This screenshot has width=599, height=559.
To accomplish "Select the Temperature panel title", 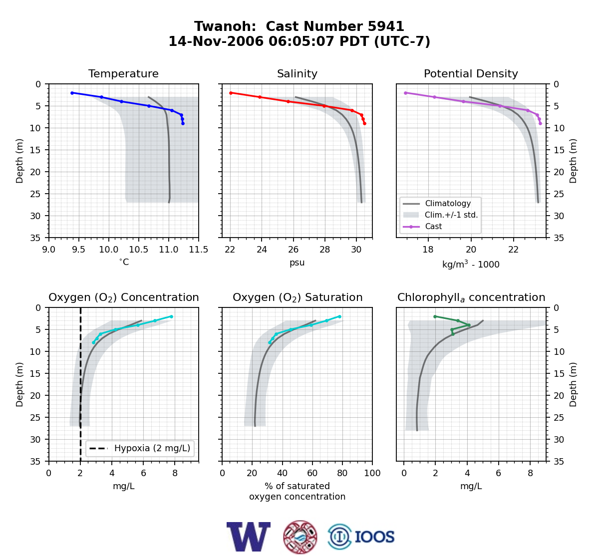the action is [x=123, y=73].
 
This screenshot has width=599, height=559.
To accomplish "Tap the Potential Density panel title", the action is [x=471, y=73].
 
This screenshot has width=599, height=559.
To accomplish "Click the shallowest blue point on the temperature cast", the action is [x=72, y=93].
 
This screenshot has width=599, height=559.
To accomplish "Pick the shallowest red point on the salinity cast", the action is [x=231, y=93].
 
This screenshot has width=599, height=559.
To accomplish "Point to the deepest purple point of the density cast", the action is [x=540, y=123].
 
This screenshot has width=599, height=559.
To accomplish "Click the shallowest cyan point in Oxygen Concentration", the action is [x=171, y=316].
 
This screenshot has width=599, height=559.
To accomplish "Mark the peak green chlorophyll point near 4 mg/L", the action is [x=469, y=325].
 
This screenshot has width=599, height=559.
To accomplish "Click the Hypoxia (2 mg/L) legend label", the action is [x=152, y=448].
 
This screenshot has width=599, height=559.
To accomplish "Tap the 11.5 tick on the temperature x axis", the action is [x=199, y=250].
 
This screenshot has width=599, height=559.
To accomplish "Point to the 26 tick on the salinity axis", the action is [x=293, y=250].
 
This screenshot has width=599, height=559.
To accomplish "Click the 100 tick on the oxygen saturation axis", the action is [x=372, y=473].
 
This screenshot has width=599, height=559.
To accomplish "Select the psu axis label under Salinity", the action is [x=297, y=263].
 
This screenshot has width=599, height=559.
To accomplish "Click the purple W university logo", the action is [x=249, y=537].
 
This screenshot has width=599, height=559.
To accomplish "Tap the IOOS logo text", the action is [x=374, y=537].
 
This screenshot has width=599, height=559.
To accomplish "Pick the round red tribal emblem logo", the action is [x=300, y=537].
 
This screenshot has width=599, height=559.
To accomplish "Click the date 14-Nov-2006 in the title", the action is [x=216, y=41].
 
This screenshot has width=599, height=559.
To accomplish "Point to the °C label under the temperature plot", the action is [x=124, y=262].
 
